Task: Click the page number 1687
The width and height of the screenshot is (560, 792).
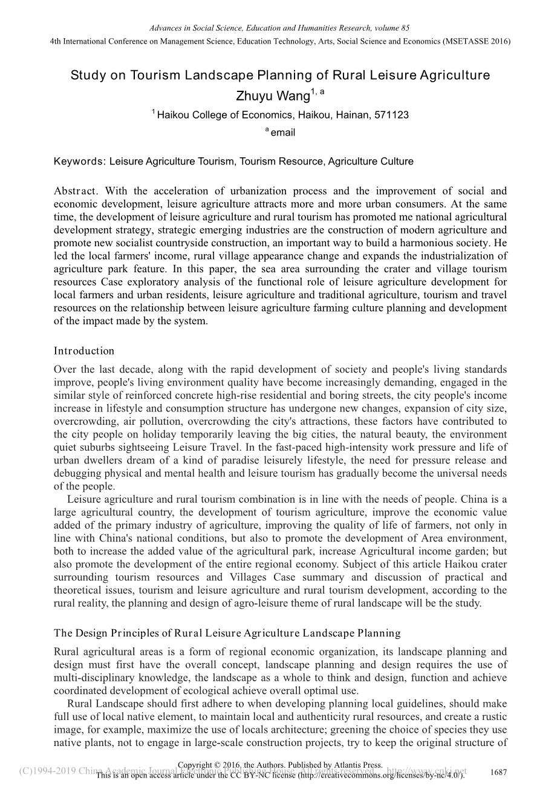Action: [498, 773]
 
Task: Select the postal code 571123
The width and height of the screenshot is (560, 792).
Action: [391, 115]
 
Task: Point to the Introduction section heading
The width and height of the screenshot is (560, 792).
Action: [84, 351]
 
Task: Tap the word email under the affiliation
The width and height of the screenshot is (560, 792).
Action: [283, 133]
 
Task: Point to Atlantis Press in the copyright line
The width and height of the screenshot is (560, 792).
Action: [353, 765]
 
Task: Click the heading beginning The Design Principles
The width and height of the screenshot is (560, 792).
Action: [227, 633]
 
